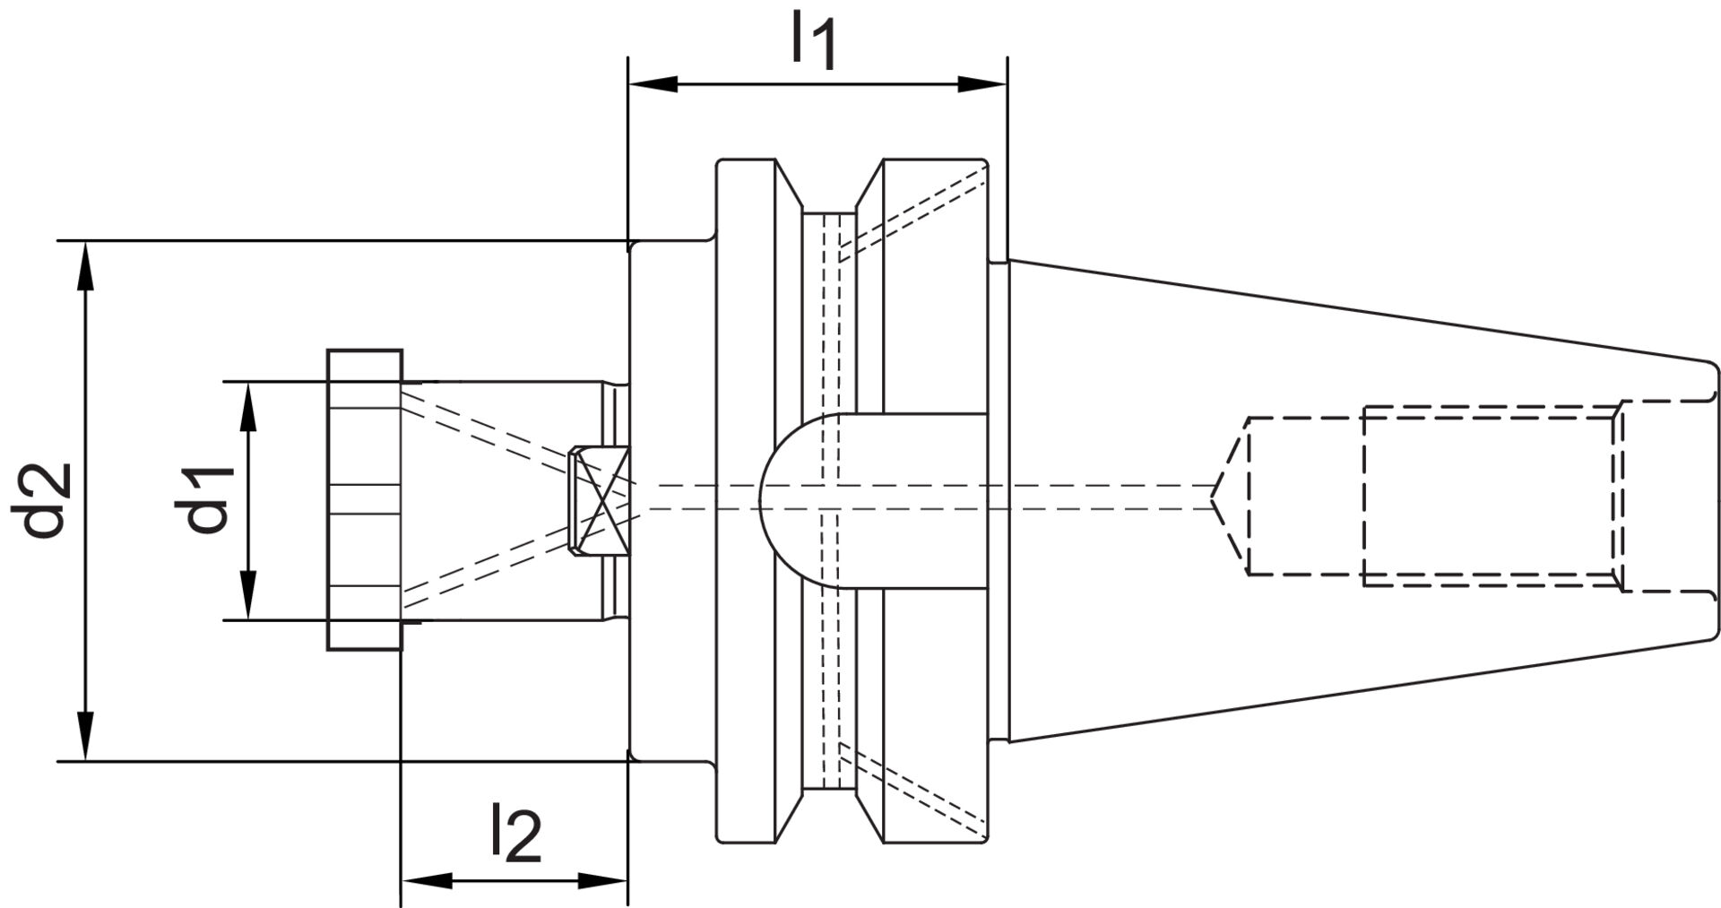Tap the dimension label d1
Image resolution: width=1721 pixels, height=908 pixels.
tap(210, 500)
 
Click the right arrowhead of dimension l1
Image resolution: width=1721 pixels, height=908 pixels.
tap(982, 84)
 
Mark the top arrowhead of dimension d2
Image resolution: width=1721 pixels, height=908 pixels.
tap(86, 264)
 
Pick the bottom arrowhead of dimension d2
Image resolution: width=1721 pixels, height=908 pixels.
tap(86, 737)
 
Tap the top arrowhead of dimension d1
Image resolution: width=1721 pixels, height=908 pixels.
tap(248, 404)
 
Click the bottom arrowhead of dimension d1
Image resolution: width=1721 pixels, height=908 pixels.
tap(248, 596)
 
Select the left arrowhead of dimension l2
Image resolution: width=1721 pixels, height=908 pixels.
tap(424, 880)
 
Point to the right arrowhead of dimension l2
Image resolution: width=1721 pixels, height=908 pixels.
tap(602, 880)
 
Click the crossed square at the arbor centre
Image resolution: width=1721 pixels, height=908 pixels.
tap(599, 500)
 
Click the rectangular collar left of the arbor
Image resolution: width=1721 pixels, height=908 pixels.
tap(364, 500)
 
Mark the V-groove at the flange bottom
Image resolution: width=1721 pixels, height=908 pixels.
tap(828, 814)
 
